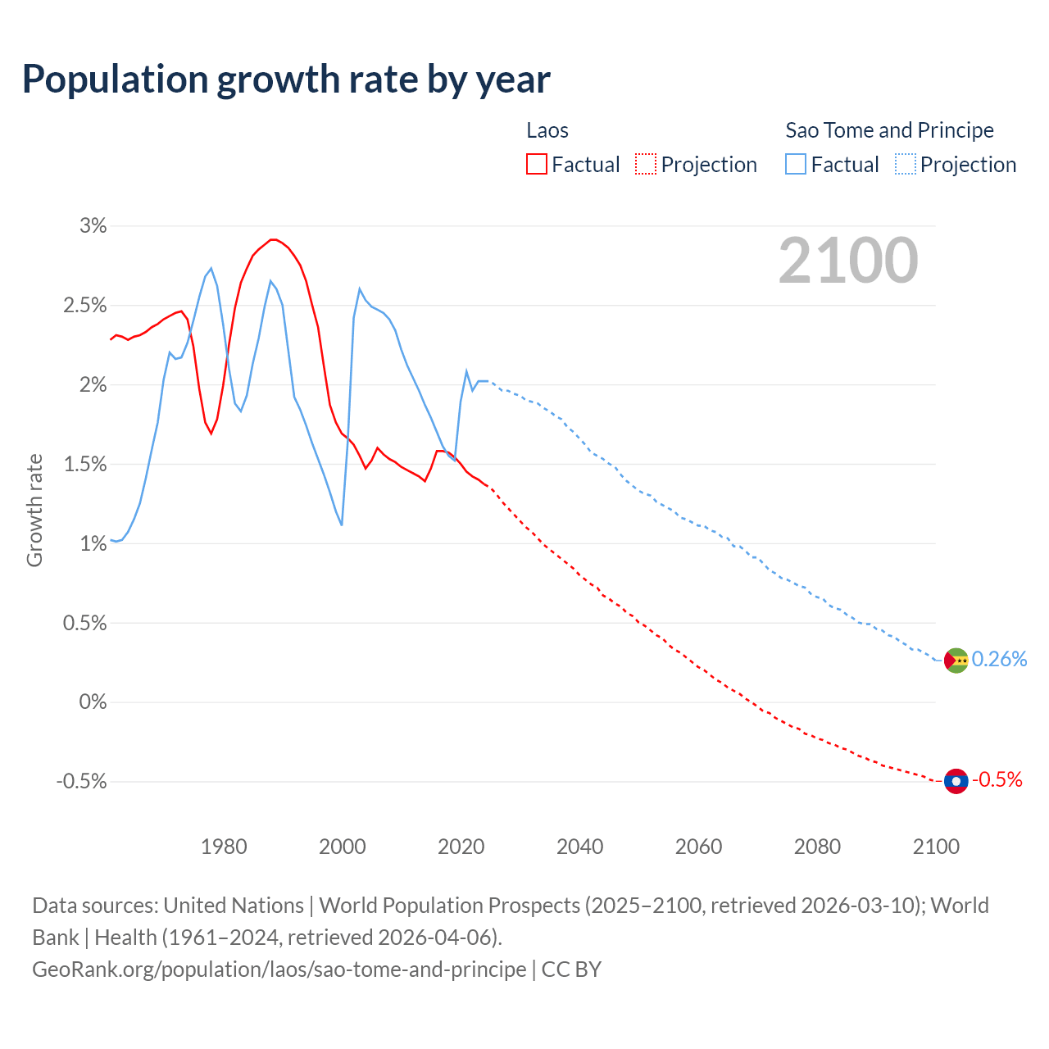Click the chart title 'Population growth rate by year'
286,79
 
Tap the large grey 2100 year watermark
848,261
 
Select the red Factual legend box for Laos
537,164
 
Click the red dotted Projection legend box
646,164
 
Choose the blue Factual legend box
796,164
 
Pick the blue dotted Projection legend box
906,164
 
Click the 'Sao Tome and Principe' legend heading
889,130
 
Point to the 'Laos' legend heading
547,130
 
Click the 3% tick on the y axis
93,226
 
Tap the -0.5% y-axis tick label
81,782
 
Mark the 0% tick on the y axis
93,702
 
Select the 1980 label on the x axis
224,847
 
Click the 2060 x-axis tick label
698,847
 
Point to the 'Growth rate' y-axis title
34,511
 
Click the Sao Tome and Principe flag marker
956,661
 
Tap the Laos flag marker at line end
956,781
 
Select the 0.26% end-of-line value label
999,660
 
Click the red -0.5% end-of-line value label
997,780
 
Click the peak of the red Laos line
274,239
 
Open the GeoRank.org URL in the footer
279,970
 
